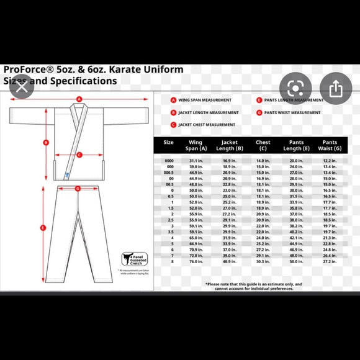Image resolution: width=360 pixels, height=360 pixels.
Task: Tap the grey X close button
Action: pyautogui.click(x=22, y=87)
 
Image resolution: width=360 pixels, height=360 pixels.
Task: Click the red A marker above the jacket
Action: pyautogui.click(x=79, y=99)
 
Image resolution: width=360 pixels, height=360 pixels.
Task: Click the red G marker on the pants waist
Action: pyautogui.click(x=78, y=188)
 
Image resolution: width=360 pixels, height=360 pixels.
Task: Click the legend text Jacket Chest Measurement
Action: pyautogui.click(x=206, y=125)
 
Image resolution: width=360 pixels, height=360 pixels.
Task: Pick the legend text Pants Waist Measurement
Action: pyautogui.click(x=292, y=112)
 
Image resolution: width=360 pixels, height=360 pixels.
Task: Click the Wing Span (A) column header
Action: pyautogui.click(x=196, y=146)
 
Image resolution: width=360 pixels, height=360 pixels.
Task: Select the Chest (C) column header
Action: pyautogui.click(x=263, y=146)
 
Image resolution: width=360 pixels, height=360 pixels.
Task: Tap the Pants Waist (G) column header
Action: pyautogui.click(x=330, y=146)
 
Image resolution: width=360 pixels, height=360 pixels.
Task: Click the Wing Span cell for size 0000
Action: pyautogui.click(x=196, y=160)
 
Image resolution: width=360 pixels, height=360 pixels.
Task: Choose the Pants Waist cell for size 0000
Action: pyautogui.click(x=330, y=160)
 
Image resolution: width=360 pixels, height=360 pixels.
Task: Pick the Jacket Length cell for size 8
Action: pyautogui.click(x=229, y=261)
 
